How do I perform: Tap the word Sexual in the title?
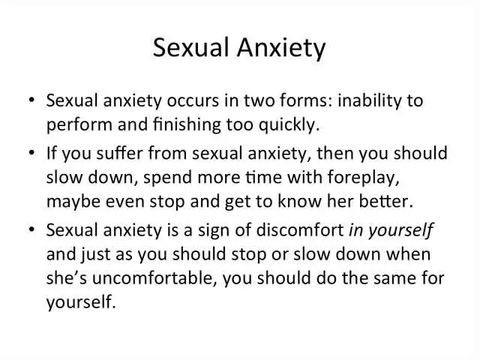pos(191,47)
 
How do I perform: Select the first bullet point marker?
pos(31,100)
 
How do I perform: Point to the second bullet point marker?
pos(31,152)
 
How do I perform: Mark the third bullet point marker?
pos(31,229)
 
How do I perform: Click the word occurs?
pos(193,100)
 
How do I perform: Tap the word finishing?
pos(187,124)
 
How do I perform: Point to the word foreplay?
pos(363,177)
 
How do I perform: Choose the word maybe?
pos(73,202)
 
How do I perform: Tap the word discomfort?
pos(300,229)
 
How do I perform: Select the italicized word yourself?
pos(400,230)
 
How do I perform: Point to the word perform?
pos(79,125)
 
